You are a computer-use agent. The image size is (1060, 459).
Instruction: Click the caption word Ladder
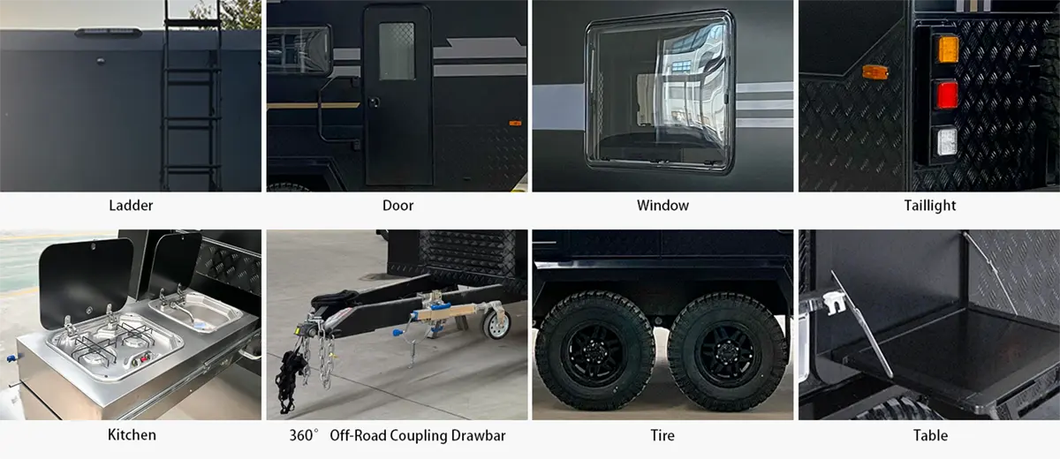coord(131,206)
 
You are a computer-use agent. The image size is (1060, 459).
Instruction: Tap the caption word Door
coord(397,206)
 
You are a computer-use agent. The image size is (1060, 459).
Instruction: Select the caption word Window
coord(662,206)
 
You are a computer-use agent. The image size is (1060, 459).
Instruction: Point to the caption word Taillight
coord(929,206)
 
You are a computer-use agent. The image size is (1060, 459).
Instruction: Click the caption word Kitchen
coord(131,435)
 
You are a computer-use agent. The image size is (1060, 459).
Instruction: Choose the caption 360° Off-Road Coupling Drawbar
coord(397,435)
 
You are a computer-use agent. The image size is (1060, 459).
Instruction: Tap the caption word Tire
coord(662,435)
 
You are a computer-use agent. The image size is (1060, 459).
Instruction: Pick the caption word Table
coord(930,435)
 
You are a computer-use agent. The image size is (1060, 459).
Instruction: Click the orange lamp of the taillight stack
coord(947,49)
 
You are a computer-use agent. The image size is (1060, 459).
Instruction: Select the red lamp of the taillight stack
coord(947,95)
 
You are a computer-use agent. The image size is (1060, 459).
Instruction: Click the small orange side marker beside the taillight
coord(875,72)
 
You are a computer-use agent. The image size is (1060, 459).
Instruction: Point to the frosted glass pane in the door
coord(397,51)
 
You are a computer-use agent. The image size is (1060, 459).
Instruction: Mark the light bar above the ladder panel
coord(108,33)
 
